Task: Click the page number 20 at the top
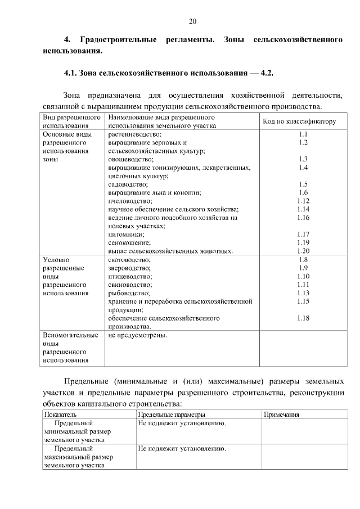click(x=192, y=21)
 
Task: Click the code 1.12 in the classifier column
click(x=303, y=201)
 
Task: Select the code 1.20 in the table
click(x=303, y=251)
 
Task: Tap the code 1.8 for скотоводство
click(x=303, y=259)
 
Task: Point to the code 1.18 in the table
click(x=303, y=318)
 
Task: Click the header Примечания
click(x=281, y=415)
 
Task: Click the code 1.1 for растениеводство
click(x=303, y=134)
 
